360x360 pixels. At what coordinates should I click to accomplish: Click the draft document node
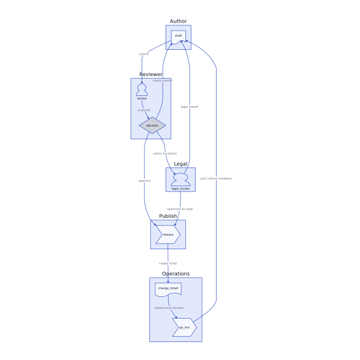[x=178, y=37]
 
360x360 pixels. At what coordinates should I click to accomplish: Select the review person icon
[x=142, y=91]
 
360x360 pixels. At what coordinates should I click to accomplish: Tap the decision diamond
[x=152, y=125]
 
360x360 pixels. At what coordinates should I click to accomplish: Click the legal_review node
[x=181, y=180]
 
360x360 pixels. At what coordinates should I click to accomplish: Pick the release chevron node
[x=168, y=235]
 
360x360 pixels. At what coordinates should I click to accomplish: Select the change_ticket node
[x=168, y=289]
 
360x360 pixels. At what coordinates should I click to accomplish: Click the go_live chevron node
[x=184, y=327]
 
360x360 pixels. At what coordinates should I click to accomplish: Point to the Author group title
[x=178, y=22]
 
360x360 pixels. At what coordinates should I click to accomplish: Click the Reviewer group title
[x=151, y=74]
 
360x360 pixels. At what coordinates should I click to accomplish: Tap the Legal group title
[x=181, y=164]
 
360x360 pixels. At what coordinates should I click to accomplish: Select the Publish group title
[x=168, y=216]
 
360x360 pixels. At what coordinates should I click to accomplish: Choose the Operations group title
[x=176, y=274]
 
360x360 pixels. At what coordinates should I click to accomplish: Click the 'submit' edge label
[x=143, y=54]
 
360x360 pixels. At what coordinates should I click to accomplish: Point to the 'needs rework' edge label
[x=162, y=80]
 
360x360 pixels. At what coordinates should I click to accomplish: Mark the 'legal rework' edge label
[x=190, y=107]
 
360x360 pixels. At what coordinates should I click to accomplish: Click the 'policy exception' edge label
[x=165, y=154]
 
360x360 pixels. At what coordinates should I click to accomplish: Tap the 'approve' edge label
[x=144, y=181]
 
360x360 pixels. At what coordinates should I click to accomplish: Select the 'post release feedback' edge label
[x=216, y=178]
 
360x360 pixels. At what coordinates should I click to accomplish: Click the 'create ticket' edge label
[x=168, y=263]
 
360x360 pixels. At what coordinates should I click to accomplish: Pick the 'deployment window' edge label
[x=169, y=308]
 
